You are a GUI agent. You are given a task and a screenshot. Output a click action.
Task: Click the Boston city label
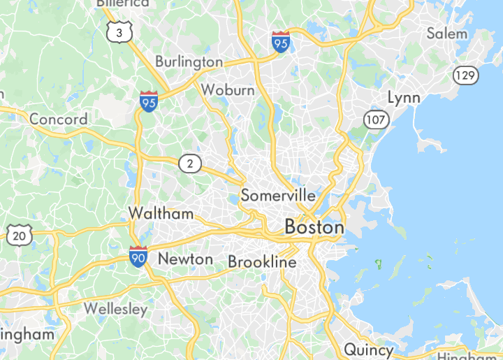coord(314,228)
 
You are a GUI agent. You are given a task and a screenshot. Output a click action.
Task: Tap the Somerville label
coord(278,196)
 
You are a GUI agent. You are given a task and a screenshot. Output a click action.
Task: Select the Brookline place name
coord(262,262)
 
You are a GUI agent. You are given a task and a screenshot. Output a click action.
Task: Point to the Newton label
coord(185,259)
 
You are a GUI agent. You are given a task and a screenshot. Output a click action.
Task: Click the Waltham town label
coord(161,214)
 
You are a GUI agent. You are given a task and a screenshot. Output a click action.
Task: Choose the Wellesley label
coord(115,309)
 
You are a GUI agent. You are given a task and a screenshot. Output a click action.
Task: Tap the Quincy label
coord(368,349)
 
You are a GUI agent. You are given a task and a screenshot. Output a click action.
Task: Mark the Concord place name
coord(59,119)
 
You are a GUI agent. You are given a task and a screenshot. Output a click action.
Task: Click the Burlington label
coord(189,62)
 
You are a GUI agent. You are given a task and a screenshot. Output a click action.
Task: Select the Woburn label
coord(228,90)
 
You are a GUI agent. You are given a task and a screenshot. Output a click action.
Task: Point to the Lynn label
coord(404,97)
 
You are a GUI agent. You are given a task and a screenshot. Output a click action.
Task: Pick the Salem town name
coord(447,33)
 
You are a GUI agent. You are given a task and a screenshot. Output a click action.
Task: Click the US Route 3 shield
coord(119,32)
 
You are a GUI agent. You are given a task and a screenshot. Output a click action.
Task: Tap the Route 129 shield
coord(465,74)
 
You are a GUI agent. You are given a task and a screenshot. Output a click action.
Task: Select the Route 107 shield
coord(376,120)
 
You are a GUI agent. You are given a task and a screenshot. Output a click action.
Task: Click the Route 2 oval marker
coord(189,164)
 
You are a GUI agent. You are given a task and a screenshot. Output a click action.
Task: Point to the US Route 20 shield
coord(20,236)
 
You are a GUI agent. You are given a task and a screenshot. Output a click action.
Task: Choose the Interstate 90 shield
coord(138,257)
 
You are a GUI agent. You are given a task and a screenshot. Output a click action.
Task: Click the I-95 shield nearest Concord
coord(148,102)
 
